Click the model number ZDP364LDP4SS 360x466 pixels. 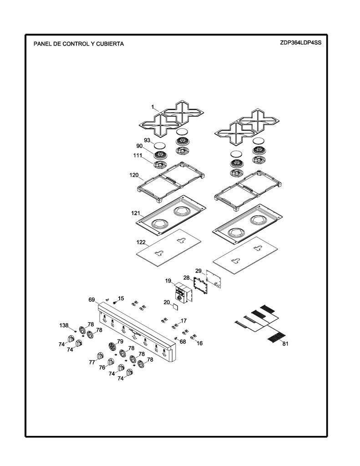[300, 42]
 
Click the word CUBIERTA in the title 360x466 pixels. [110, 44]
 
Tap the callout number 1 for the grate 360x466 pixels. [153, 107]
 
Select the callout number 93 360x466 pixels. [147, 140]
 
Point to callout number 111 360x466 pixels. [137, 156]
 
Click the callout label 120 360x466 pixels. [134, 175]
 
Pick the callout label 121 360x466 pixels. [136, 213]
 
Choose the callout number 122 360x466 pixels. [141, 242]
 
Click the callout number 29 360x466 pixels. [198, 271]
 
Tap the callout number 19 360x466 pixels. [168, 281]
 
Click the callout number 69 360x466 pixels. [91, 299]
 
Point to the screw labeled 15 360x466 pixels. [114, 303]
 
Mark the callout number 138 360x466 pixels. [64, 325]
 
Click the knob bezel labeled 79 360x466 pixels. [112, 346]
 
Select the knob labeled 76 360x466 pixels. [110, 362]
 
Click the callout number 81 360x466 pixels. [285, 344]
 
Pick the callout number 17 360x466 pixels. [184, 321]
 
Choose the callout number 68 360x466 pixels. [183, 342]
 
